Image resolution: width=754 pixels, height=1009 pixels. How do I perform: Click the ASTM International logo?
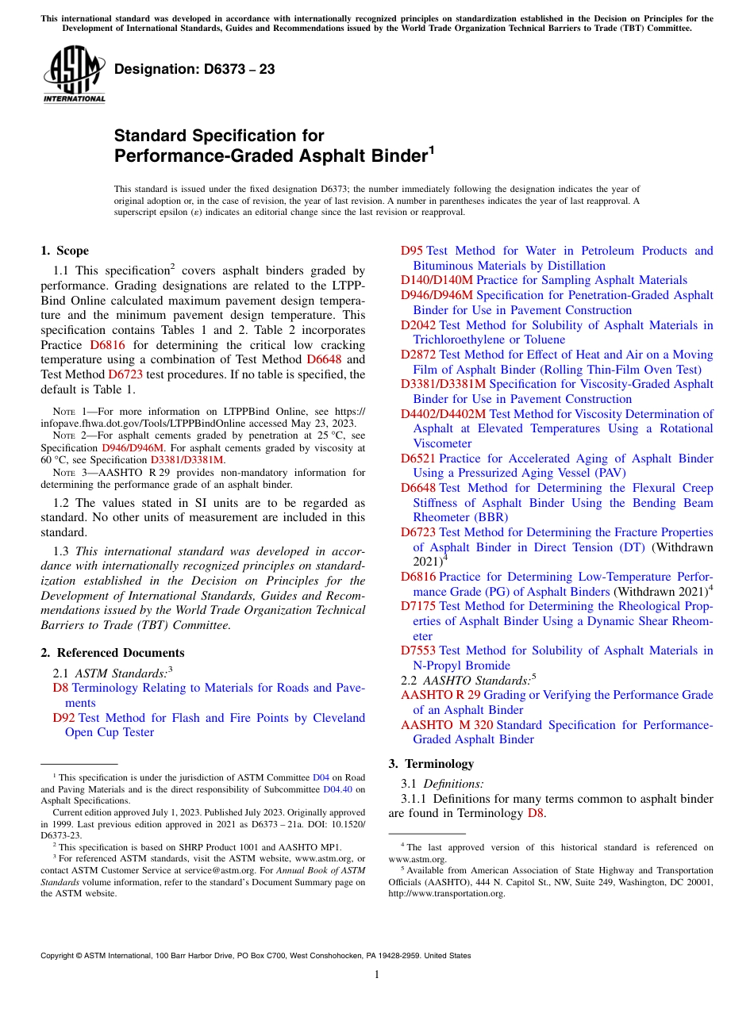click(x=74, y=76)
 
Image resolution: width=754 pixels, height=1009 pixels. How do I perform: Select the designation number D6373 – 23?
click(x=194, y=70)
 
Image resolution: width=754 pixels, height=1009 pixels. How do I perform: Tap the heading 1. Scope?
click(x=65, y=251)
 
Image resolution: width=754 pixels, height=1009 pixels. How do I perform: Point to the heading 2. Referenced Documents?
click(x=113, y=653)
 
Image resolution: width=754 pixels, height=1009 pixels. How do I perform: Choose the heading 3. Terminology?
click(x=431, y=764)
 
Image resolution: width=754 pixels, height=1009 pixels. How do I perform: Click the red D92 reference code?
click(x=63, y=718)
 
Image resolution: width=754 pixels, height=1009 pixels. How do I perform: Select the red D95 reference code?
click(x=411, y=251)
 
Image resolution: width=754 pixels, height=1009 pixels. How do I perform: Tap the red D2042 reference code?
click(x=418, y=325)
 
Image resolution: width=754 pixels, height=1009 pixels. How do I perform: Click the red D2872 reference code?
click(x=418, y=355)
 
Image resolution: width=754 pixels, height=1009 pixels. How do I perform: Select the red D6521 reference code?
click(x=418, y=458)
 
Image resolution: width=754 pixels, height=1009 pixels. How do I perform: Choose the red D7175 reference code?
click(x=418, y=606)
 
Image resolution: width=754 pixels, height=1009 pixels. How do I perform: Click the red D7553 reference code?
click(x=418, y=650)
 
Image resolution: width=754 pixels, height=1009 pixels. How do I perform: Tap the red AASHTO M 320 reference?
click(x=447, y=725)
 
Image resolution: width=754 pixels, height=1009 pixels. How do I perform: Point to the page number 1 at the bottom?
click(x=377, y=975)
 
